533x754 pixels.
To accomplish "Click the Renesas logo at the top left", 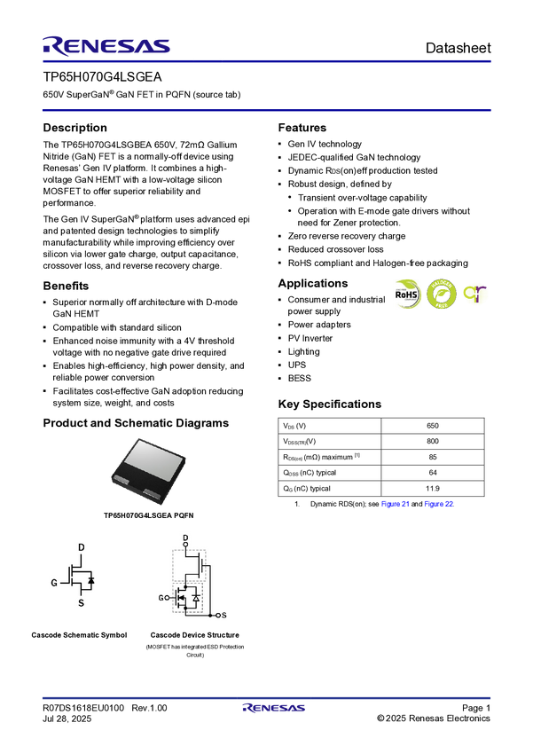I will click(x=107, y=45).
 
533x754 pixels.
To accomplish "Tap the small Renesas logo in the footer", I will click(x=274, y=709).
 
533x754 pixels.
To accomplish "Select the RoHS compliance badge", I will click(x=408, y=295).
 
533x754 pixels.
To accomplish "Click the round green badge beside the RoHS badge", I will click(x=441, y=295).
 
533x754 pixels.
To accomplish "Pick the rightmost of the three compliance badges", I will click(x=476, y=295).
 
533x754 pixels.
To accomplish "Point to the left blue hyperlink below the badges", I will click(x=395, y=504).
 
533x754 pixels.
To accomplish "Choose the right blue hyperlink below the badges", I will click(x=439, y=504).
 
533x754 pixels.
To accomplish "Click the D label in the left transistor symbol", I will click(x=81, y=548).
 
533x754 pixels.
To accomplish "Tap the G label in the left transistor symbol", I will click(x=55, y=582).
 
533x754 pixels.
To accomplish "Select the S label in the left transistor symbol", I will click(x=81, y=603).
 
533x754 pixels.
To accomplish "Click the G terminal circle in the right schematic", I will click(x=168, y=598).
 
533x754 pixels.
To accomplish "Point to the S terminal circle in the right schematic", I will click(x=221, y=614).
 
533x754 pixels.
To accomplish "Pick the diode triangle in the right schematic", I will click(x=195, y=600).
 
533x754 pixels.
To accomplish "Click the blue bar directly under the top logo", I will click(x=266, y=62).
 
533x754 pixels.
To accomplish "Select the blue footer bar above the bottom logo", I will click(x=266, y=698).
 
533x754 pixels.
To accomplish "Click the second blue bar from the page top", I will click(x=266, y=109).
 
